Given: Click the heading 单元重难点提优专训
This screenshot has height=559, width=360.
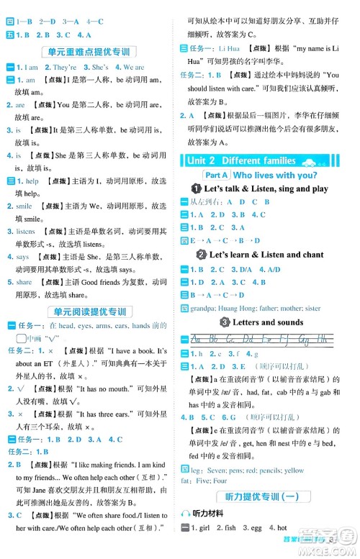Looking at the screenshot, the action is (90, 52).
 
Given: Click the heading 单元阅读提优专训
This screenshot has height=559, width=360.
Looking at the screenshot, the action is (90, 312).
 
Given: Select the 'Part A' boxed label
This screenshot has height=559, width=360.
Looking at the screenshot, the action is (217, 175).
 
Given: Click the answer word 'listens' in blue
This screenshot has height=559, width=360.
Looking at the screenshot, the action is (26, 232).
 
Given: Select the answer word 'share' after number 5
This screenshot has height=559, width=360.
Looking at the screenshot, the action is (24, 282).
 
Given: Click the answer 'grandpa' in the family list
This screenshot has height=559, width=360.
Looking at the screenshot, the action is (202, 309).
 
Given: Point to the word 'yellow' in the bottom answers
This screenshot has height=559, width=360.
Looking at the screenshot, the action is (294, 471).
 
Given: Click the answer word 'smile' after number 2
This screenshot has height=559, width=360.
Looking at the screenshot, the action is (24, 206).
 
